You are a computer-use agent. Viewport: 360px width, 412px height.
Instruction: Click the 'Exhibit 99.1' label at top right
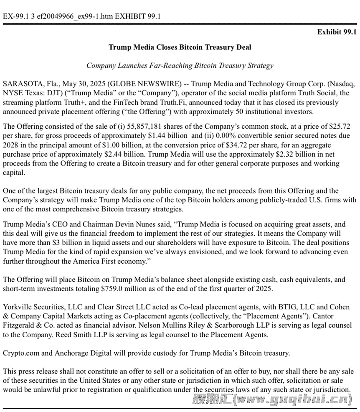[x=337, y=32]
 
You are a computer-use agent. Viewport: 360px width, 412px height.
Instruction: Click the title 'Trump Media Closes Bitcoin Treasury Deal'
[x=180, y=47]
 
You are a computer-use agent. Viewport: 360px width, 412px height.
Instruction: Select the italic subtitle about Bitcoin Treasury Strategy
[x=180, y=65]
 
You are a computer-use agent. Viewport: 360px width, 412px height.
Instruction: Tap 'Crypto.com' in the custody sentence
[x=21, y=353]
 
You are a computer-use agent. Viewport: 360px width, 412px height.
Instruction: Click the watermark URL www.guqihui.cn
[x=292, y=400]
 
